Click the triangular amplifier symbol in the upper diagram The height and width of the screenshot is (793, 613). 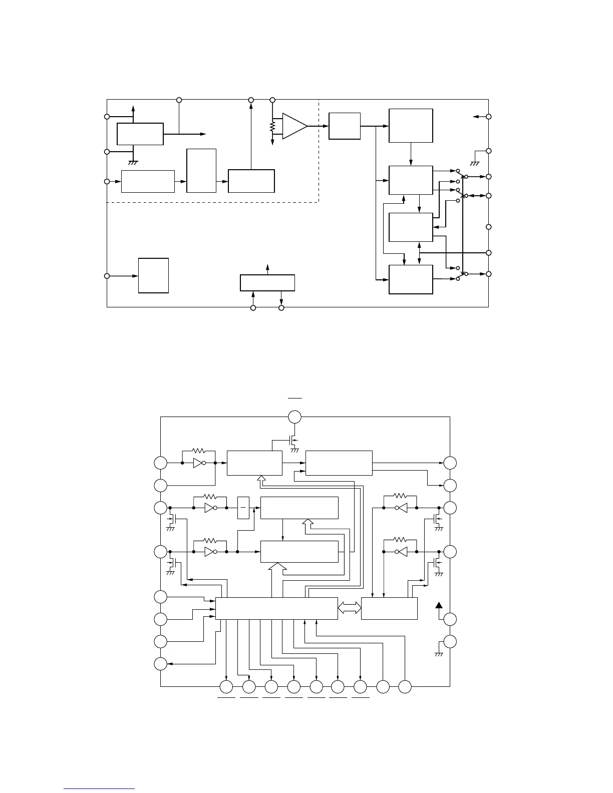294,126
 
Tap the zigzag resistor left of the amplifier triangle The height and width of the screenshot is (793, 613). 272,127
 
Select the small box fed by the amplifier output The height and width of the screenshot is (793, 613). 345,126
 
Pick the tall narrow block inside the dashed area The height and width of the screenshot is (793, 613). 201,170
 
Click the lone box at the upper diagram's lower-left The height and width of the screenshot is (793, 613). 153,275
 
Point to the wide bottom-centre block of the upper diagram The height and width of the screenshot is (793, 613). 267,282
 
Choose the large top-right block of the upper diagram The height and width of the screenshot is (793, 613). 411,126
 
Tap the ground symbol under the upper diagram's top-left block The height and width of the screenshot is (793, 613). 133,163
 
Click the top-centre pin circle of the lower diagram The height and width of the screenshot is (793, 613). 295,417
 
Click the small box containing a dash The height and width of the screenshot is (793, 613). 243,508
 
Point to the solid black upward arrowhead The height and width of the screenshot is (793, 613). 439,605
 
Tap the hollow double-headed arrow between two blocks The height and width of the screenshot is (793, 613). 350,608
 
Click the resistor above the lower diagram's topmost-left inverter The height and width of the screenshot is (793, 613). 199,451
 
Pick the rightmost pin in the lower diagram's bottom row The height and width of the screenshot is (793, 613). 405,687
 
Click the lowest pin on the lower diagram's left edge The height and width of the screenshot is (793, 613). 160,664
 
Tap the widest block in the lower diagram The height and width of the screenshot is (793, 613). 276,608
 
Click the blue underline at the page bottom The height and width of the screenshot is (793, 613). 100,788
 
